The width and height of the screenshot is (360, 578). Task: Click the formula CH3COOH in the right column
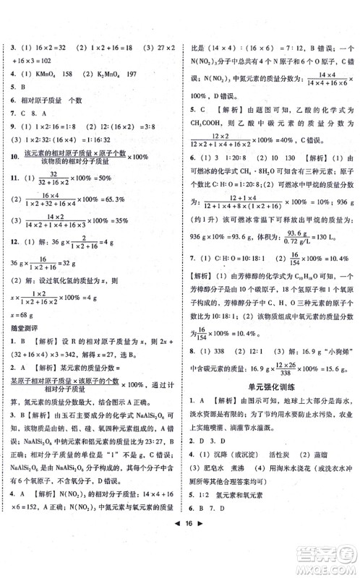pos(217,121)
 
